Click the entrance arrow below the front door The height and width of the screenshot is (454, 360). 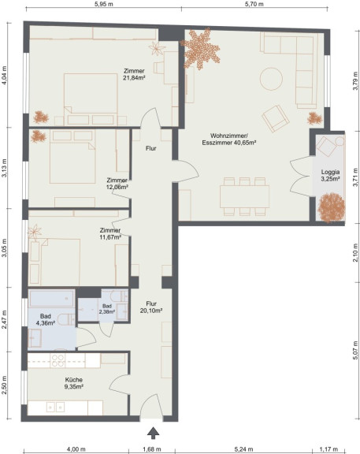pyautogui.click(x=153, y=433)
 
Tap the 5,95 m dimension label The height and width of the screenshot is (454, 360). pyautogui.click(x=104, y=4)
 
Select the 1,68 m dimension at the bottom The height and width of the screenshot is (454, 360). pyautogui.click(x=152, y=449)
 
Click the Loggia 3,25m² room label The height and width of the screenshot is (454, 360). pyautogui.click(x=330, y=176)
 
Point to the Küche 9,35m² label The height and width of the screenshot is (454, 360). pyautogui.click(x=74, y=383)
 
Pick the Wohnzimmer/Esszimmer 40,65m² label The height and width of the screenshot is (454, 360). pyautogui.click(x=229, y=139)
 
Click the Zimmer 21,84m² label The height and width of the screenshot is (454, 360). pyautogui.click(x=134, y=74)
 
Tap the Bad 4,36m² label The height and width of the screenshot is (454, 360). pyautogui.click(x=46, y=320)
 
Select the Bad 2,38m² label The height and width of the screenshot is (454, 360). pyautogui.click(x=107, y=309)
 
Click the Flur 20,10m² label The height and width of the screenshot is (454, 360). pyautogui.click(x=151, y=307)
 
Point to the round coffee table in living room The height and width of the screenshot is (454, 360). pyautogui.click(x=271, y=79)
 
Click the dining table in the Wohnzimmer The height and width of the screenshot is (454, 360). pyautogui.click(x=244, y=196)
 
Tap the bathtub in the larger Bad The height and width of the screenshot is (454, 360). pyautogui.click(x=51, y=298)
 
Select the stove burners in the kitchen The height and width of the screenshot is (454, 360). pyautogui.click(x=58, y=360)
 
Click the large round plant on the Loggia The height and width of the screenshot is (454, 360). pyautogui.click(x=332, y=207)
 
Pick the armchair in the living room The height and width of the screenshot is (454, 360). pyautogui.click(x=276, y=118)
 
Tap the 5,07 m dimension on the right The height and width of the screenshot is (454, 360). pyautogui.click(x=355, y=350)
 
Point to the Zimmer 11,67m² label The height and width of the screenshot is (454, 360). pyautogui.click(x=110, y=234)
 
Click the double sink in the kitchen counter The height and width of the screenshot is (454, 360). pyautogui.click(x=56, y=407)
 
